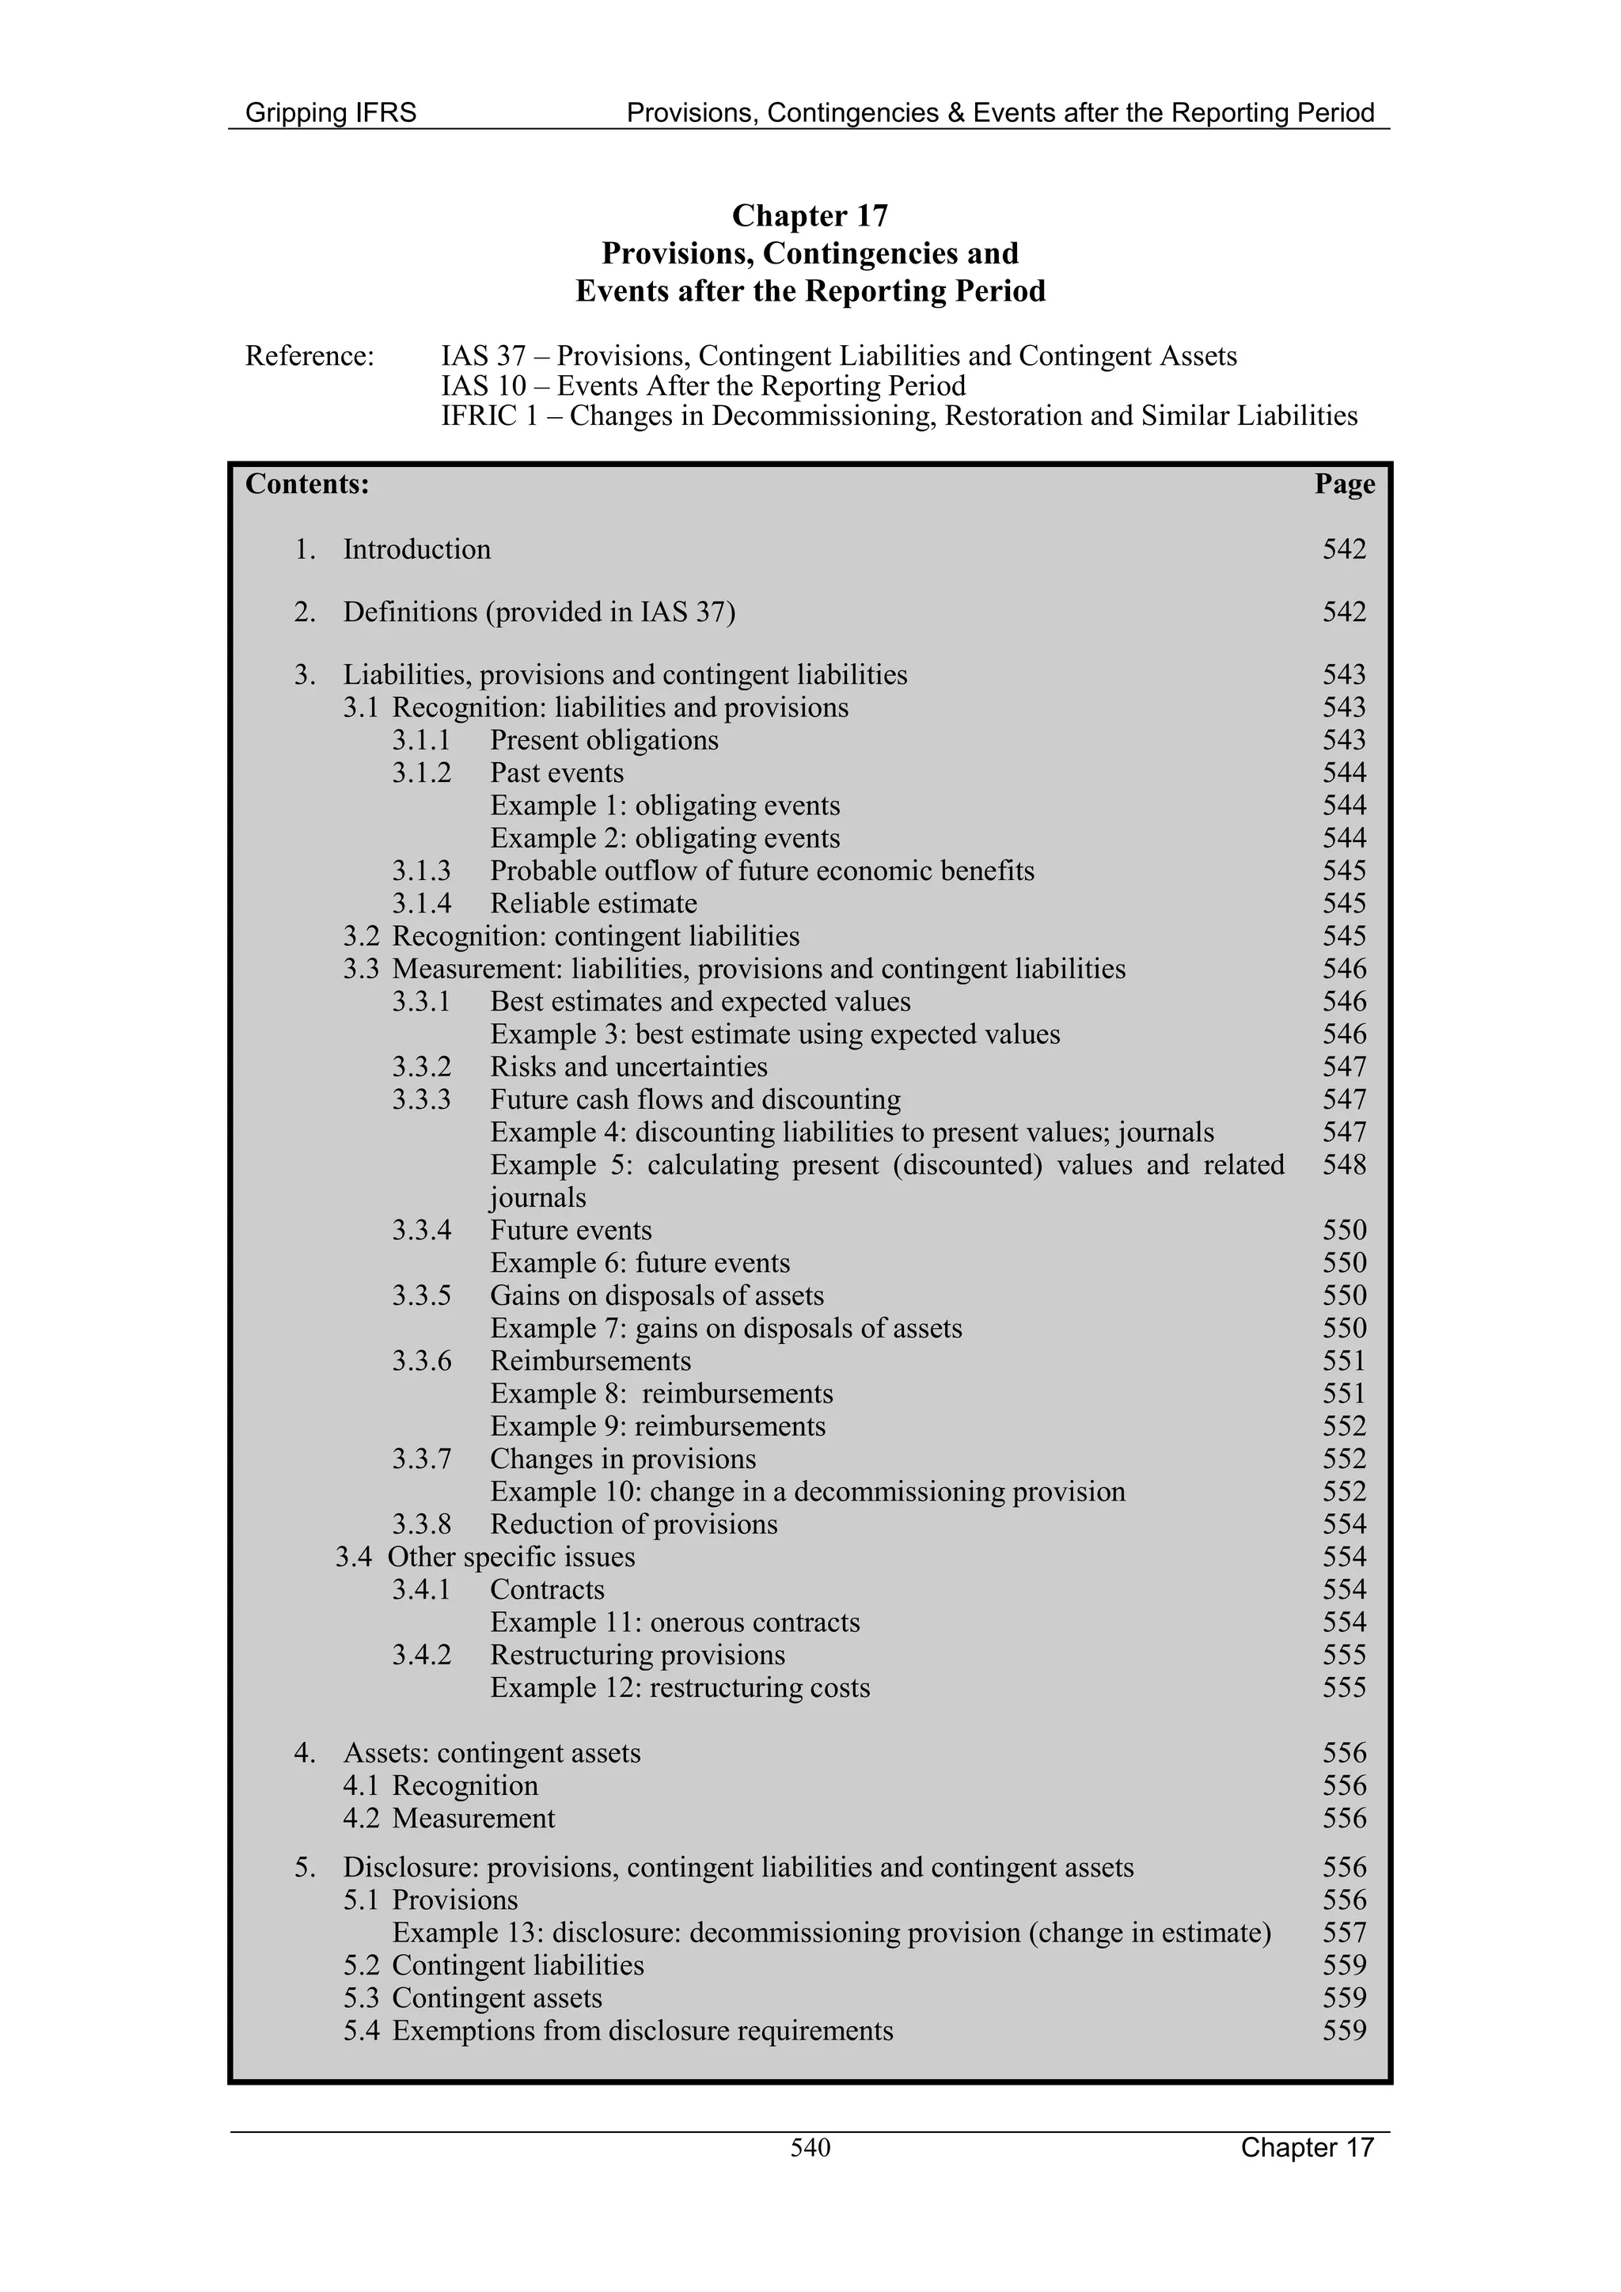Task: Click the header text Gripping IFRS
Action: [330, 113]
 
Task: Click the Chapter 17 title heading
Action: [810, 215]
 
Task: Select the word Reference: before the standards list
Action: [309, 356]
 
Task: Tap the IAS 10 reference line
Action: [703, 386]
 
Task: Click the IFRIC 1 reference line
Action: [898, 416]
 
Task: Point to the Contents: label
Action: [307, 484]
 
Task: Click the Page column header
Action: [1343, 484]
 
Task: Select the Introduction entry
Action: [416, 550]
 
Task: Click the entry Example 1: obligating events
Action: [665, 806]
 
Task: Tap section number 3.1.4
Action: [421, 903]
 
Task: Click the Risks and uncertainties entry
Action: [628, 1067]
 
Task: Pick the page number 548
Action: [1343, 1165]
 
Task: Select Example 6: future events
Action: [639, 1263]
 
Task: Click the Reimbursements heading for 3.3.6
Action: [590, 1360]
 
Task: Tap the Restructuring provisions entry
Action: [637, 1655]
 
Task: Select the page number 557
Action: [1343, 1933]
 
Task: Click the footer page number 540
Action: [810, 2147]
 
